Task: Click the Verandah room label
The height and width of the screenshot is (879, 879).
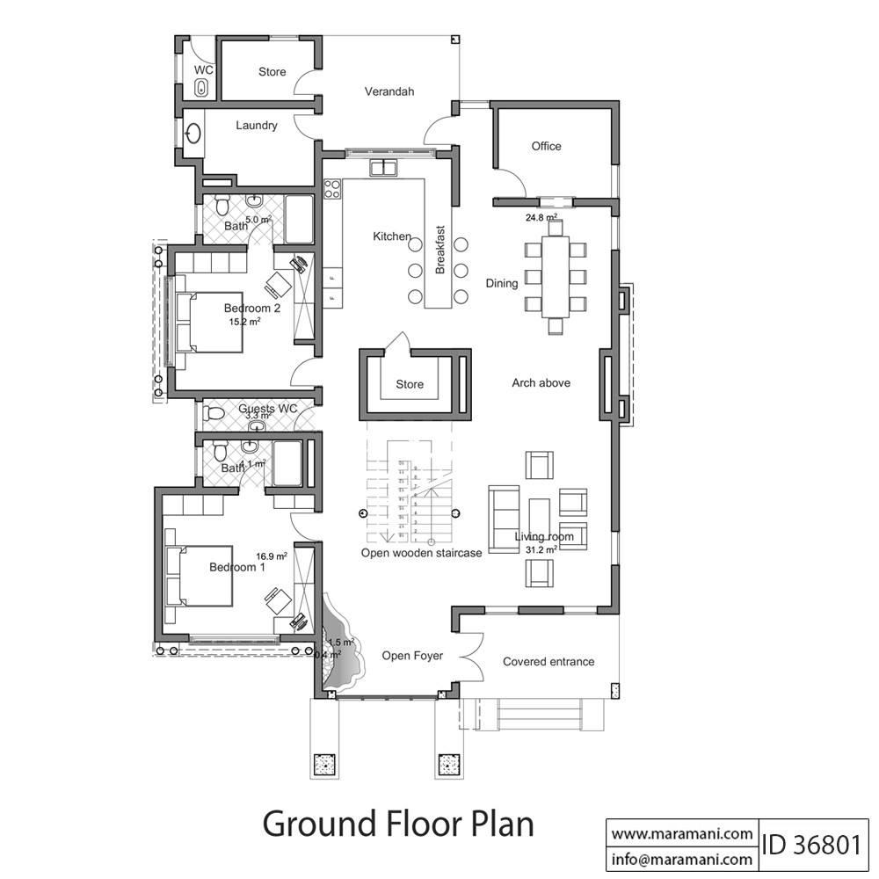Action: coord(389,91)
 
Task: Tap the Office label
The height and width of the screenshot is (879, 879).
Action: coord(546,146)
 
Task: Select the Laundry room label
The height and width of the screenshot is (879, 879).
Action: coord(257,126)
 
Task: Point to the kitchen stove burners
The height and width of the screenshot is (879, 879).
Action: coord(332,187)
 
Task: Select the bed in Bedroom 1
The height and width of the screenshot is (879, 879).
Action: coord(201,576)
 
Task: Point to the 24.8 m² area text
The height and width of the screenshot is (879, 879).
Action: coord(541,217)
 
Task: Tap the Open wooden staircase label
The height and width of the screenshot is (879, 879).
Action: coord(421,553)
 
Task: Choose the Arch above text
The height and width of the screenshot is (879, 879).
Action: coord(541,382)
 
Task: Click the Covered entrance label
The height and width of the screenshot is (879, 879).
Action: coord(548,662)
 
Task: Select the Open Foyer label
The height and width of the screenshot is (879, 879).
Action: coord(411,656)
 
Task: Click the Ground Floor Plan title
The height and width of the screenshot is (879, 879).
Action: coord(398,825)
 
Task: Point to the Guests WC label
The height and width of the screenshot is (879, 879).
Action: coord(268,409)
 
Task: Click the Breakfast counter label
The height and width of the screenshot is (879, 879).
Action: coord(440,250)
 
